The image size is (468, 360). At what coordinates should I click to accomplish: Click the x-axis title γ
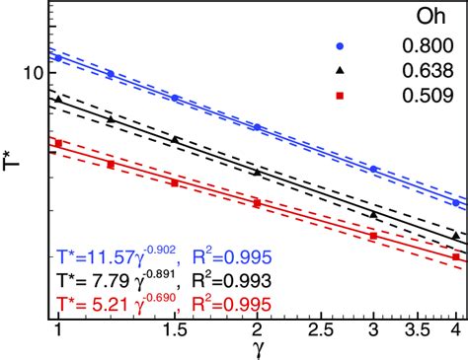(x=255, y=349)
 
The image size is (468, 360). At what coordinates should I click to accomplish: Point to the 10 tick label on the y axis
(x=33, y=72)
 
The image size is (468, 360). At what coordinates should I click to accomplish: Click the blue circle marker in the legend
(x=339, y=45)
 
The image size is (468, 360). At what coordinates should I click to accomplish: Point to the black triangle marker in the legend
(x=339, y=71)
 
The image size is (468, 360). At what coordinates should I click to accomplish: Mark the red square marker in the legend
(x=339, y=96)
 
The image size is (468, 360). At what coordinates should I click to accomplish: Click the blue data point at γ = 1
(x=59, y=58)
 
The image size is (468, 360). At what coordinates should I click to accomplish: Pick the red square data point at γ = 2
(x=258, y=202)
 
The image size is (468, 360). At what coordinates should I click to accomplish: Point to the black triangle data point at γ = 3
(x=373, y=214)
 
